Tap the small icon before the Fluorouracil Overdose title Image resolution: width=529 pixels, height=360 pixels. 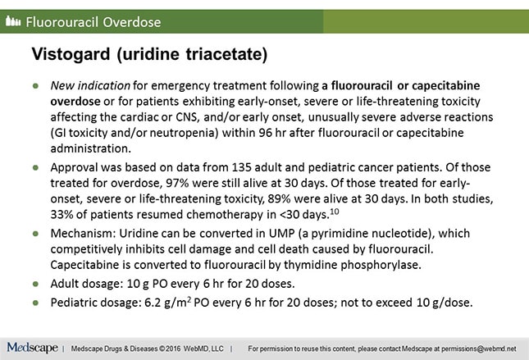pyautogui.click(x=13, y=21)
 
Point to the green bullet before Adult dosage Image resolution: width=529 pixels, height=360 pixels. pyautogui.click(x=36, y=283)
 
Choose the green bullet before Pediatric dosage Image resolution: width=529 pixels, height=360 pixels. pyautogui.click(x=36, y=303)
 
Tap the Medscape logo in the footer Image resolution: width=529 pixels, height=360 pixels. pyautogui.click(x=30, y=345)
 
